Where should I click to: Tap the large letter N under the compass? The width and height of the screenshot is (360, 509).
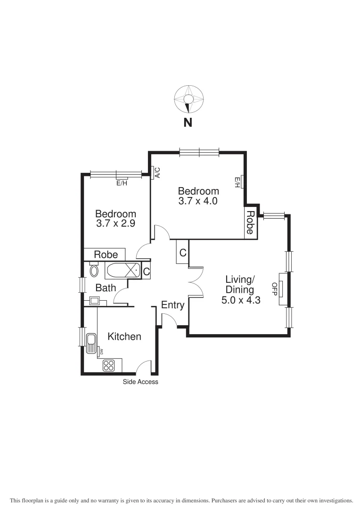[188, 123]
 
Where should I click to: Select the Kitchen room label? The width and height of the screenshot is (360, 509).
[124, 337]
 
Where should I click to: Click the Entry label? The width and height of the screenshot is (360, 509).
[172, 305]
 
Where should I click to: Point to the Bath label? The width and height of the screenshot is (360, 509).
[106, 287]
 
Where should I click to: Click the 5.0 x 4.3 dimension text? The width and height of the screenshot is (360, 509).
[241, 299]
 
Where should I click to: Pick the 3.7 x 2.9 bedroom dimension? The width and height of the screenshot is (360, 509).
[115, 224]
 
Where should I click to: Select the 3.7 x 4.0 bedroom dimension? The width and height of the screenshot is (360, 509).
[198, 201]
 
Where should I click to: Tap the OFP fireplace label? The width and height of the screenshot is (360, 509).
[274, 287]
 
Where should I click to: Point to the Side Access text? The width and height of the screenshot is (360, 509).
[140, 382]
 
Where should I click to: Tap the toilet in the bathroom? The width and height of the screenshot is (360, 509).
[94, 271]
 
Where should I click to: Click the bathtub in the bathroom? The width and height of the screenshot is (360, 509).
[123, 271]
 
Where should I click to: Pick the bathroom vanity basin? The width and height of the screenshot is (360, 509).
[94, 300]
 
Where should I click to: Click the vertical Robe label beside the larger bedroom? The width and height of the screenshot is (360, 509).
[251, 222]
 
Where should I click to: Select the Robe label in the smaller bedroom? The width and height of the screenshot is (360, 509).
[106, 254]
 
